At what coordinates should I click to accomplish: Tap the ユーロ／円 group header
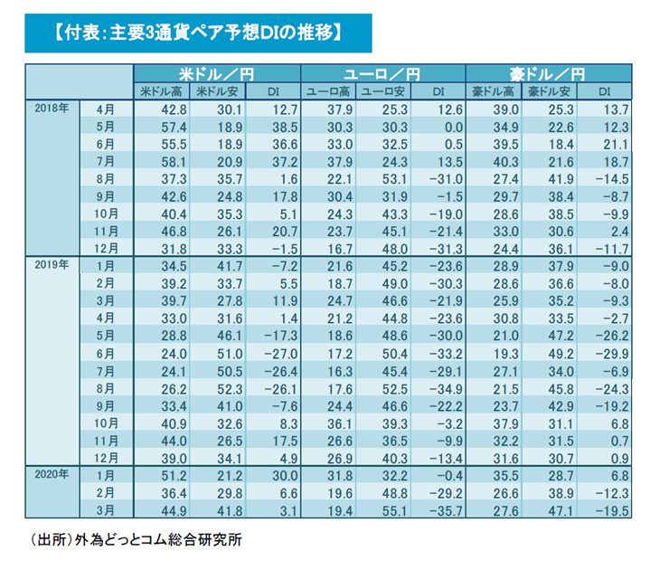click(382, 73)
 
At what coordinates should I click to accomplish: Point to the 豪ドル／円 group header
click(548, 73)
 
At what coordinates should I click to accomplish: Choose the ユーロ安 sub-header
click(382, 90)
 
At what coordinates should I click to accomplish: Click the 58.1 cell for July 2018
click(170, 160)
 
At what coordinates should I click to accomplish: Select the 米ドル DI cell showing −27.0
click(268, 352)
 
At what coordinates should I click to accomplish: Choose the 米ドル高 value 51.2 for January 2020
click(170, 474)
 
